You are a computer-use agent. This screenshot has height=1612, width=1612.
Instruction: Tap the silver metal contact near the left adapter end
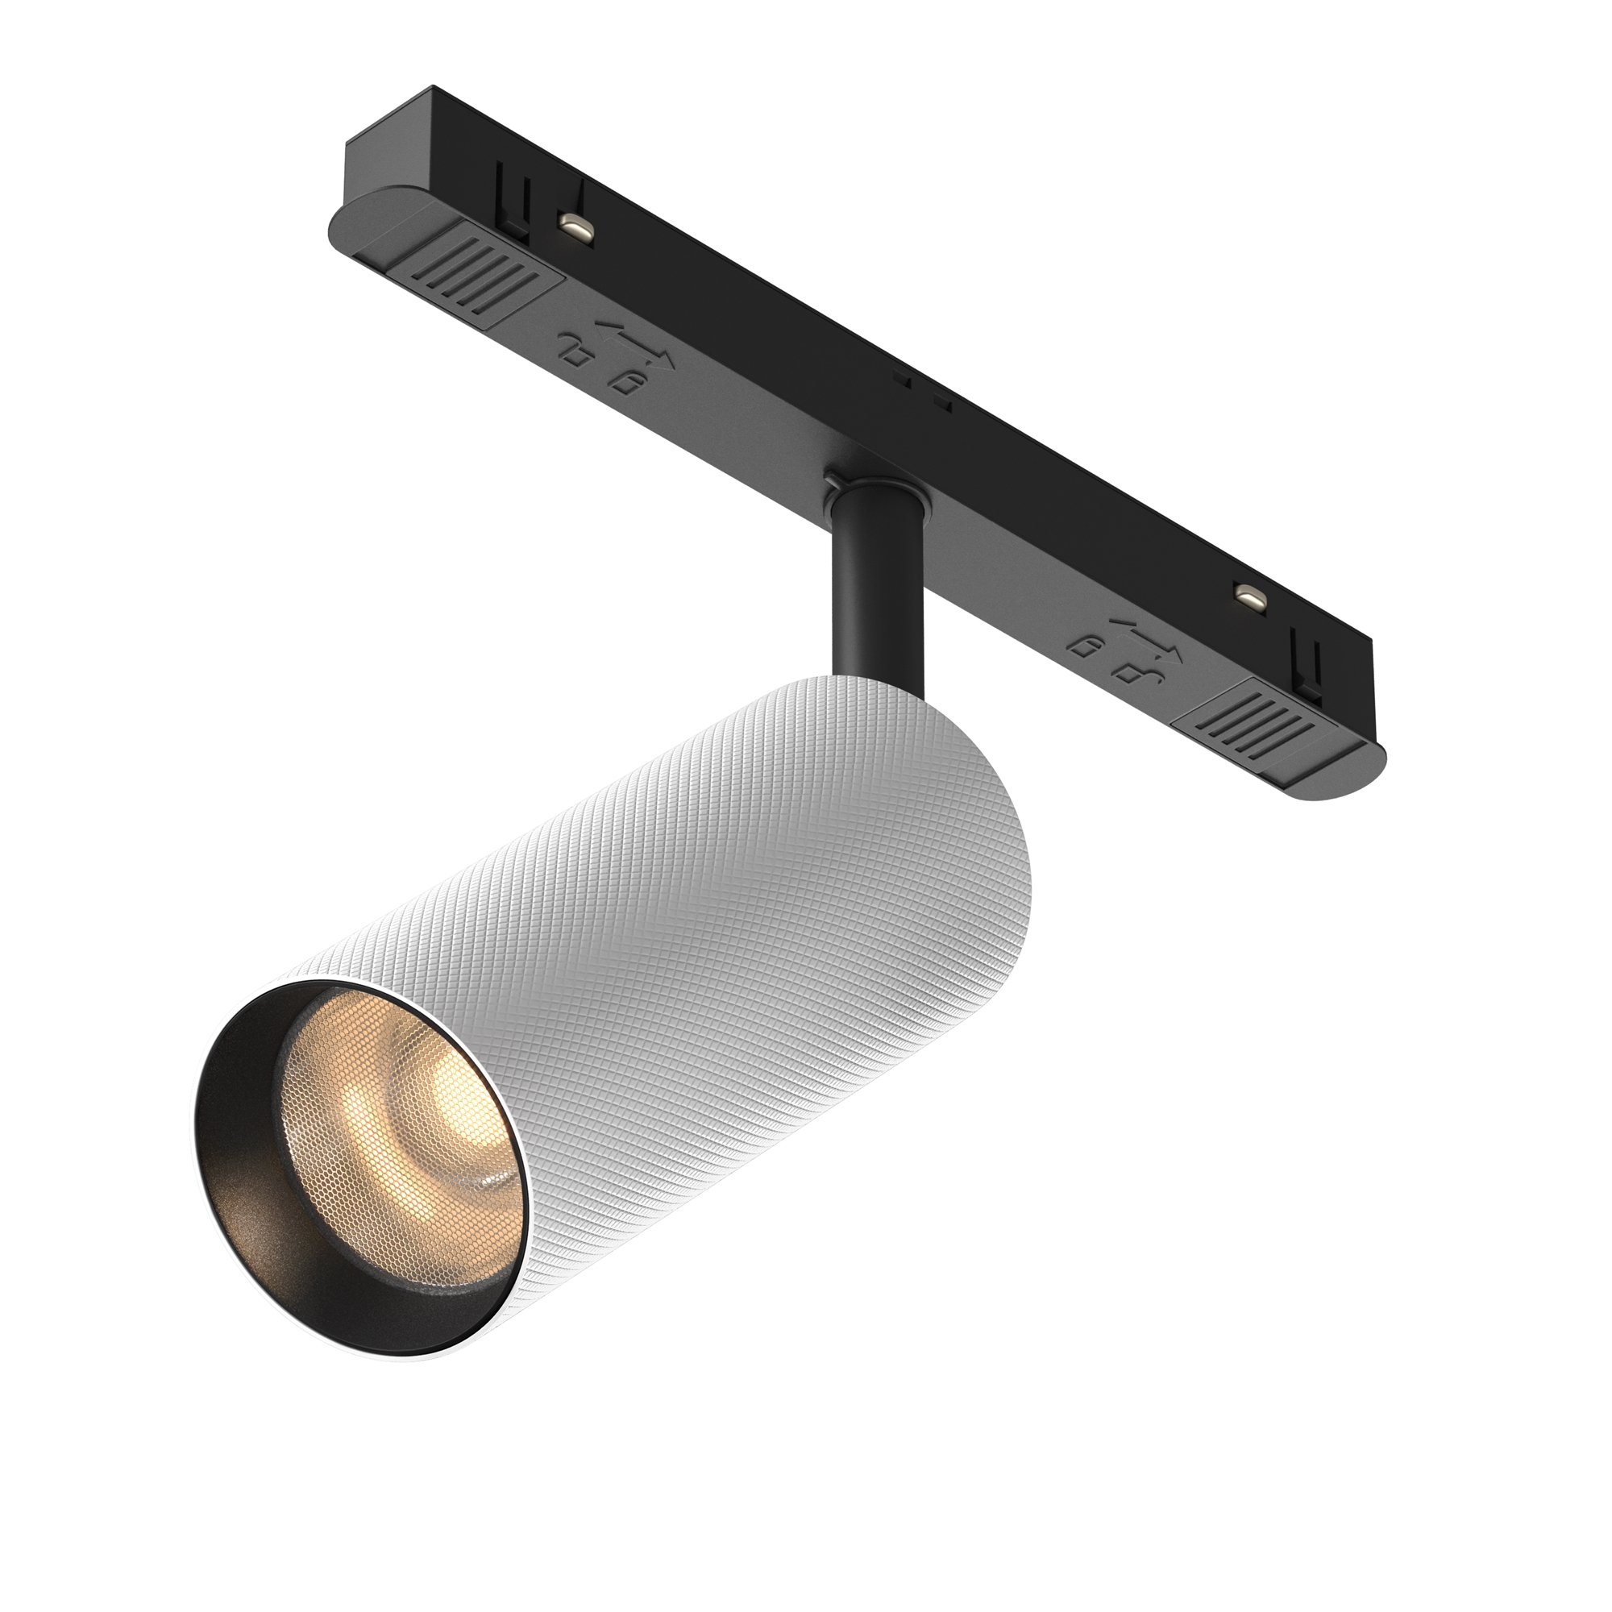coord(575,226)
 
